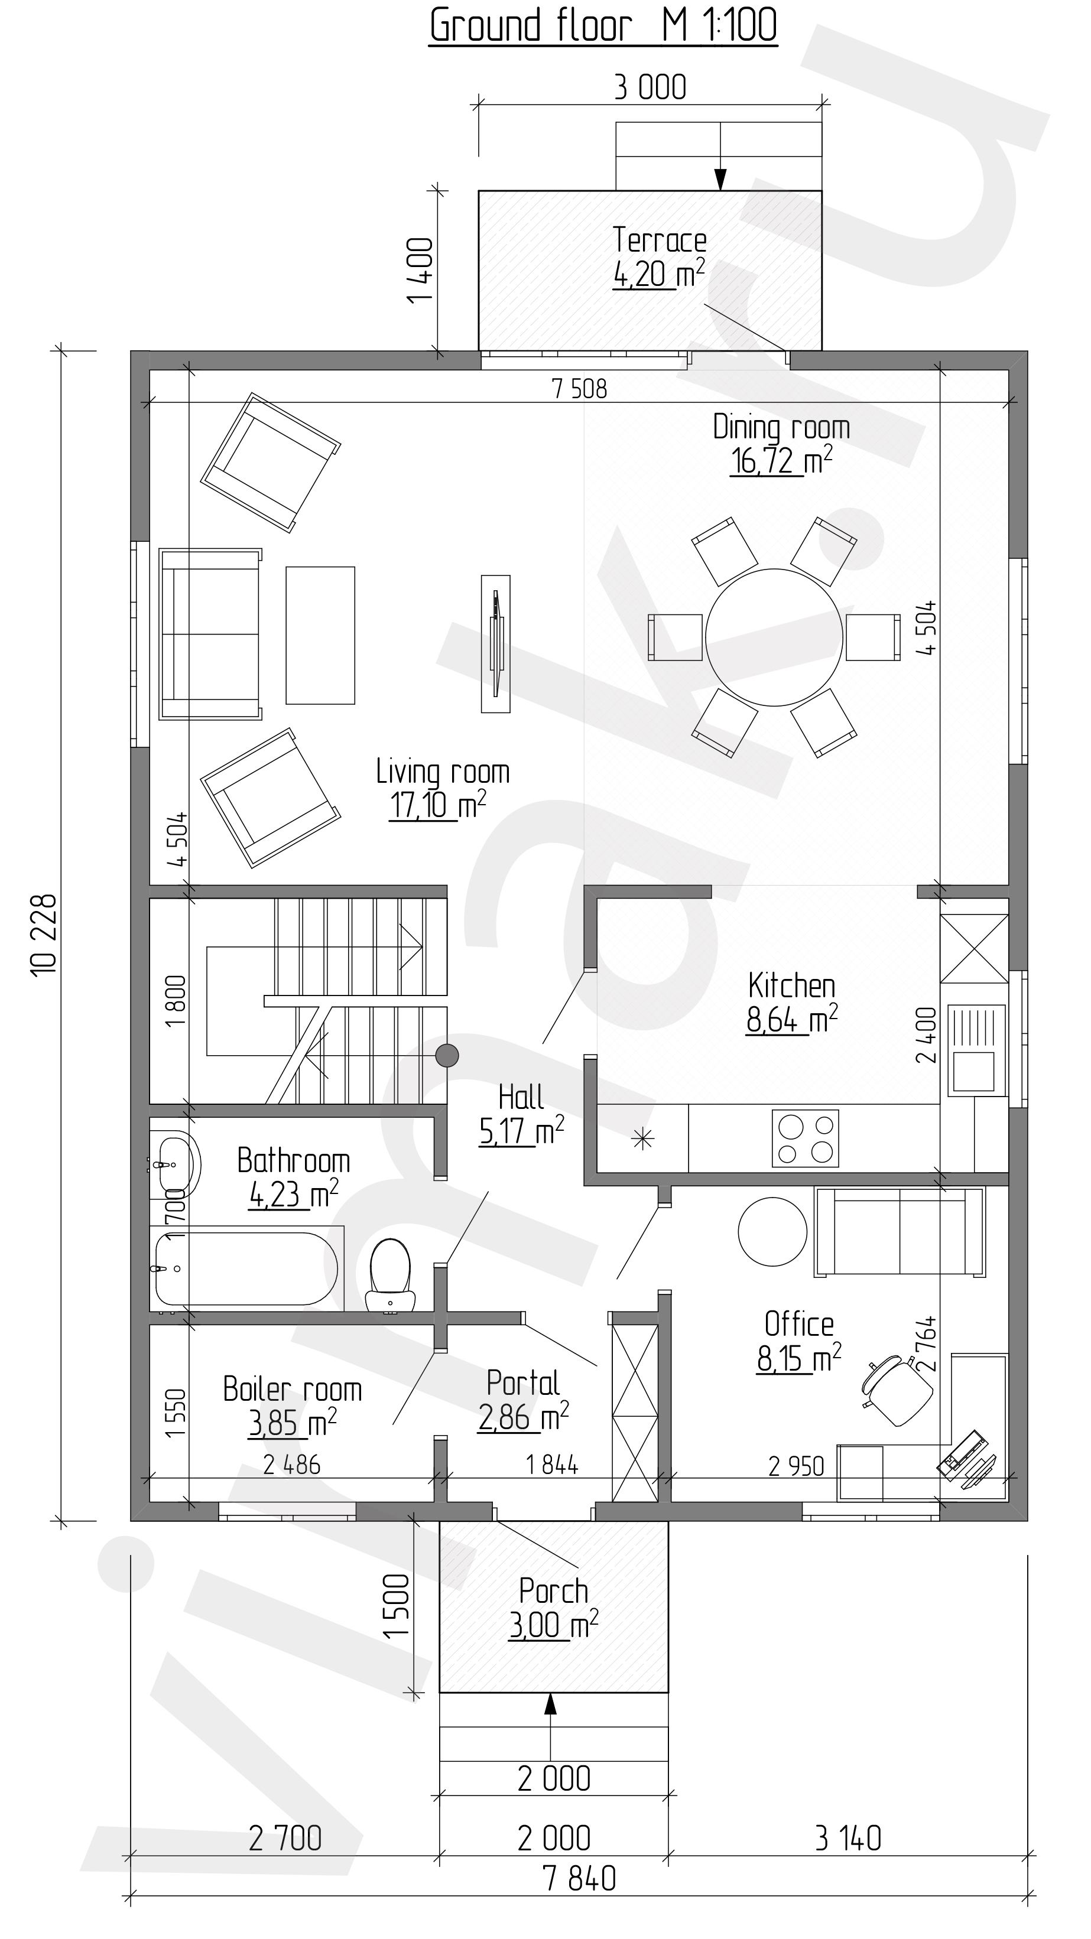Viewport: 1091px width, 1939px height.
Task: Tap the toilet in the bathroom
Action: click(390, 1274)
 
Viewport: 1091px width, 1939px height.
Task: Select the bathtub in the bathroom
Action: click(245, 1268)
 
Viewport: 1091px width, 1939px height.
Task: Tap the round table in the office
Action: click(772, 1233)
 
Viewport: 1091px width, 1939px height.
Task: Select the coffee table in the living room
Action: click(320, 635)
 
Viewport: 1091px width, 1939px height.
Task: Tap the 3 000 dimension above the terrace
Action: click(651, 87)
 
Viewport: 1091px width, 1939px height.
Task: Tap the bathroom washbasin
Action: click(176, 1165)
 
